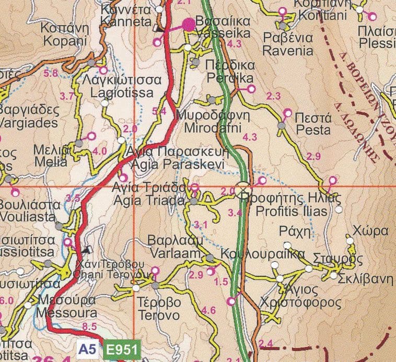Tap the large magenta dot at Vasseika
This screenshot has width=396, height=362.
(x=188, y=24)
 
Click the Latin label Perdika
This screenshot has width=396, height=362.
(x=229, y=78)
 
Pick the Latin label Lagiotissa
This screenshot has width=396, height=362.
(x=121, y=93)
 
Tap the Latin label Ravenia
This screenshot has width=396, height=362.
(x=287, y=51)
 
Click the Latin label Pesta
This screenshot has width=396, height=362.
(x=312, y=130)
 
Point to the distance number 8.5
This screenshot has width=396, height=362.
(x=90, y=328)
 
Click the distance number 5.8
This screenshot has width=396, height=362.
(x=52, y=74)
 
